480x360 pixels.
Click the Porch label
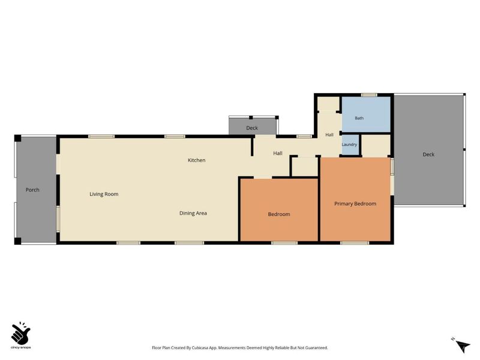click(x=32, y=190)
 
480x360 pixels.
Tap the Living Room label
click(x=104, y=194)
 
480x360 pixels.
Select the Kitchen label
click(x=197, y=160)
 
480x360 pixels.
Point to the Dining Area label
click(x=193, y=213)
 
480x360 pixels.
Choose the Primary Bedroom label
click(x=355, y=204)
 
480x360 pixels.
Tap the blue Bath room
click(x=366, y=114)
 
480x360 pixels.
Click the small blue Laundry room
click(x=350, y=145)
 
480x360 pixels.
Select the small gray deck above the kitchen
click(x=253, y=127)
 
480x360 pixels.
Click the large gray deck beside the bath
click(x=428, y=149)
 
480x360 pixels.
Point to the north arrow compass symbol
click(x=461, y=346)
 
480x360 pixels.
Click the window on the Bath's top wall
click(x=369, y=95)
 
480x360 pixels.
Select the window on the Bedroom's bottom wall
click(x=284, y=243)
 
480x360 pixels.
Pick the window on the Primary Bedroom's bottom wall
click(x=355, y=243)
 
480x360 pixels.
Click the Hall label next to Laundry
click(x=329, y=134)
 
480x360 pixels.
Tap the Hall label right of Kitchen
click(x=278, y=153)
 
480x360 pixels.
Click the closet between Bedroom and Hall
click(x=305, y=167)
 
